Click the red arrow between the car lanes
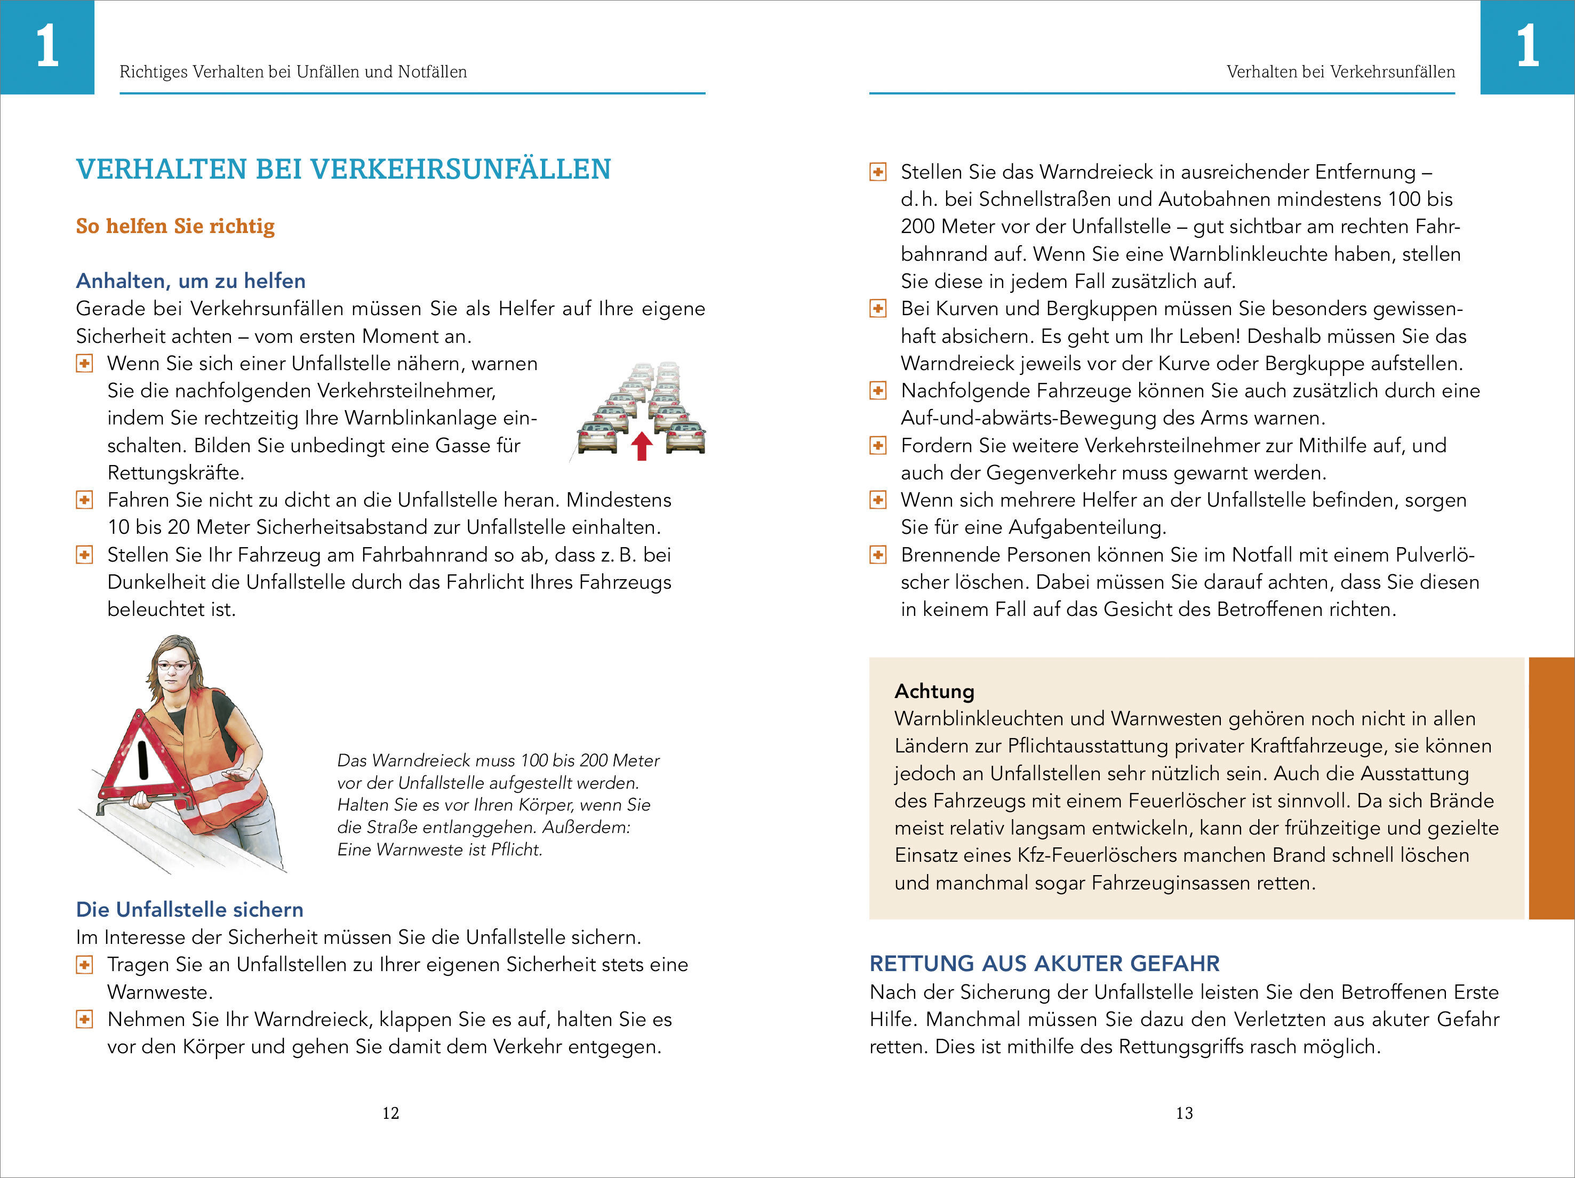642,446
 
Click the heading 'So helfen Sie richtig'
175,226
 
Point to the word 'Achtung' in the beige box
934,691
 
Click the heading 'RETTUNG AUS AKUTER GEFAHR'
1044,963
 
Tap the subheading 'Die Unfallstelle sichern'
189,910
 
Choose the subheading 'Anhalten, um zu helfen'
191,281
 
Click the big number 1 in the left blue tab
47,46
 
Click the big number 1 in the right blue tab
1528,46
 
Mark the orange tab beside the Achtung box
1552,788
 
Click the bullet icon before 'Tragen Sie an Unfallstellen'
84,965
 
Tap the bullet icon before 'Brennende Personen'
878,555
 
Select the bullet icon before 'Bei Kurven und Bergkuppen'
878,309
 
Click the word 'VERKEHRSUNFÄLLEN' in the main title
461,170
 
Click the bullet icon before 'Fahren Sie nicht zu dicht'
84,500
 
